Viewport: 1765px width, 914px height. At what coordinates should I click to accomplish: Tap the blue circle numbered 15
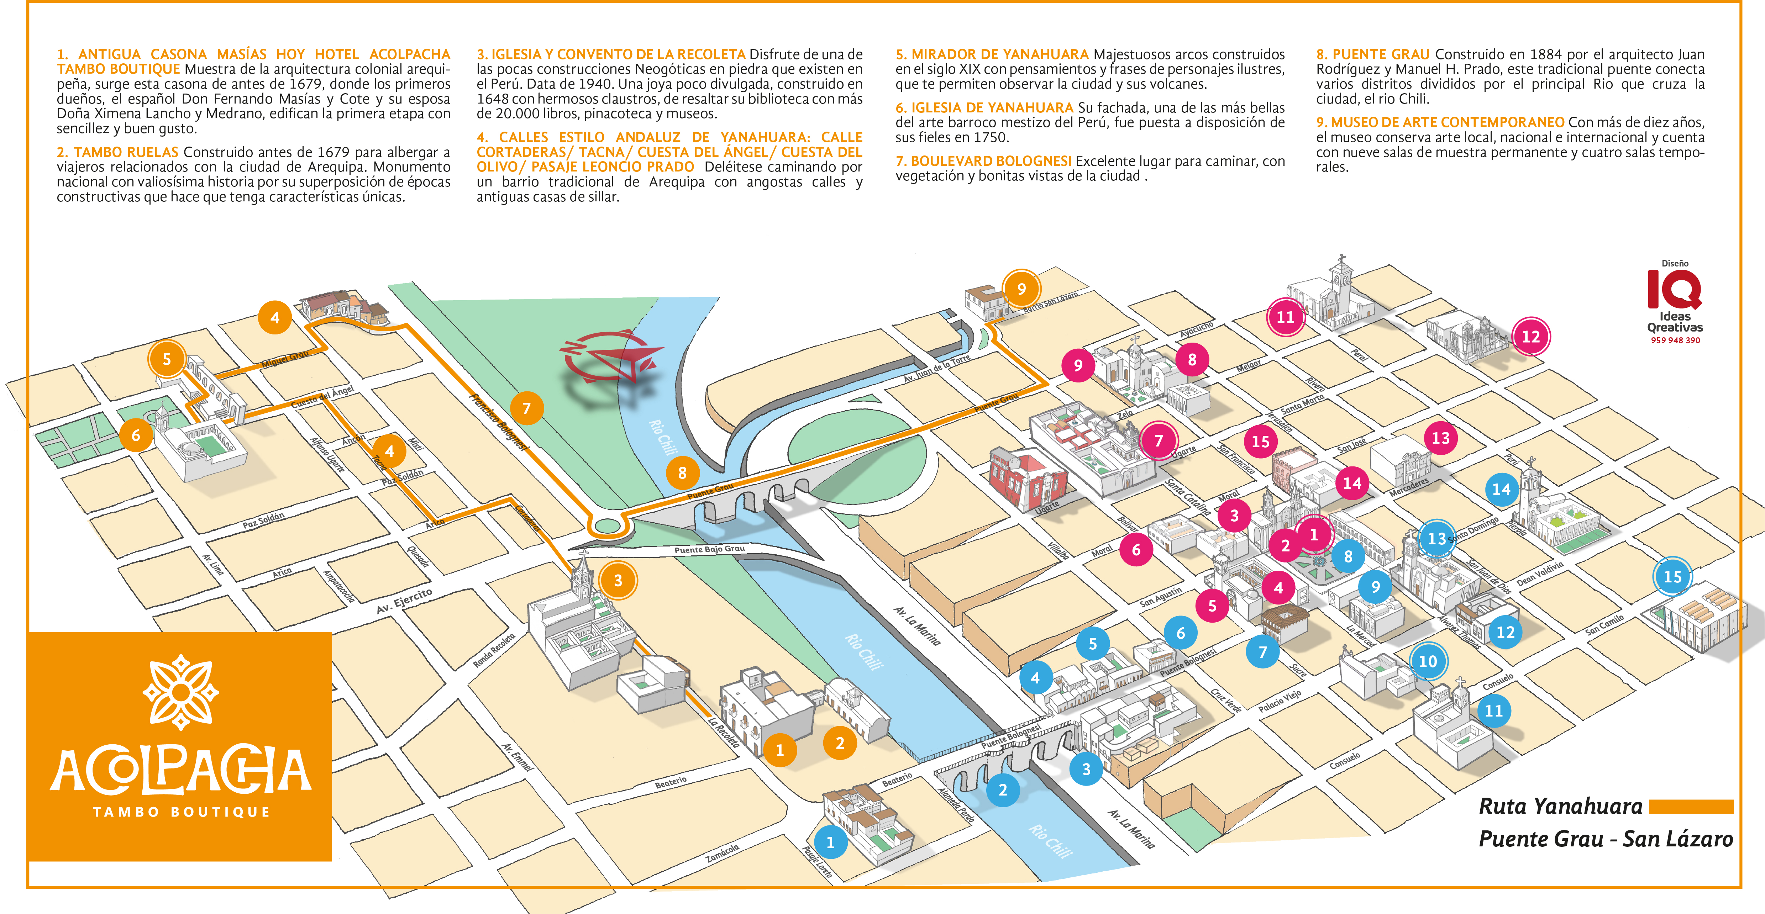click(1672, 577)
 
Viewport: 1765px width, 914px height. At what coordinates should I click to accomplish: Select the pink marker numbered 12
click(1531, 337)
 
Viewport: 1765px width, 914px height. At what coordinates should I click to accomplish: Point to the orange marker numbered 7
click(526, 408)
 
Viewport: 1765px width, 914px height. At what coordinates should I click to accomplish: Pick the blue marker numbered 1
click(830, 842)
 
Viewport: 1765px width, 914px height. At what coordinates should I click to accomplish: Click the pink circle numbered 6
click(1136, 549)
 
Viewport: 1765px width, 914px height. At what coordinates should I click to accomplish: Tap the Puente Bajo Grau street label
click(709, 549)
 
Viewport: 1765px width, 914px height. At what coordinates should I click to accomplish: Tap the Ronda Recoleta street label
click(493, 650)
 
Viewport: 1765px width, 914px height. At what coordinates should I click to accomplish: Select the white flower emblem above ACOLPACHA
click(180, 692)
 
